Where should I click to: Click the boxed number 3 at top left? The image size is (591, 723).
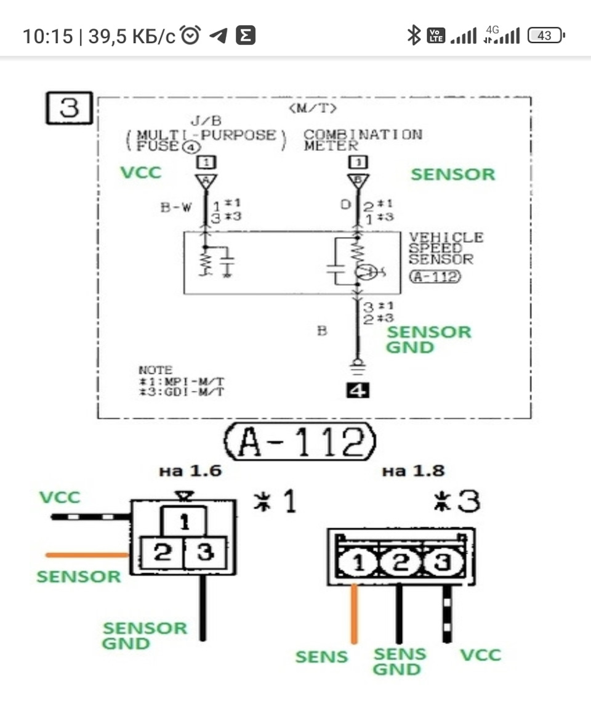(69, 108)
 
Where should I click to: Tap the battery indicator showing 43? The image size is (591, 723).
(546, 36)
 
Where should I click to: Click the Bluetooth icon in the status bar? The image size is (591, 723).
(414, 35)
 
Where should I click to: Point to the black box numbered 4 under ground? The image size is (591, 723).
(358, 391)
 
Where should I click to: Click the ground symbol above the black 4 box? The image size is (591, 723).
(358, 367)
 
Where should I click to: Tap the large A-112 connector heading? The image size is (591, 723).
(300, 441)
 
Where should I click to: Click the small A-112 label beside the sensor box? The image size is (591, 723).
(435, 276)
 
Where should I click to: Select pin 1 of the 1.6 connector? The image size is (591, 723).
(184, 521)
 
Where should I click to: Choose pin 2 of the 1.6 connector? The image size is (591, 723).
(162, 552)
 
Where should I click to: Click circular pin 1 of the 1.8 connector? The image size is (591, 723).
(358, 563)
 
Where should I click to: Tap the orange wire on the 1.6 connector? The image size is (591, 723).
(87, 555)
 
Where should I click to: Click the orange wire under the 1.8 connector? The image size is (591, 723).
(354, 614)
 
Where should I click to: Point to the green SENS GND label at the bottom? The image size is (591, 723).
(399, 662)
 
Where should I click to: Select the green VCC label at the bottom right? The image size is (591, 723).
(480, 655)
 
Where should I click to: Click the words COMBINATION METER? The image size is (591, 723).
(363, 140)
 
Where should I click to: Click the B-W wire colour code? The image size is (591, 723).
(175, 207)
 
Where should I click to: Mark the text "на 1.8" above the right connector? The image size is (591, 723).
(413, 471)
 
